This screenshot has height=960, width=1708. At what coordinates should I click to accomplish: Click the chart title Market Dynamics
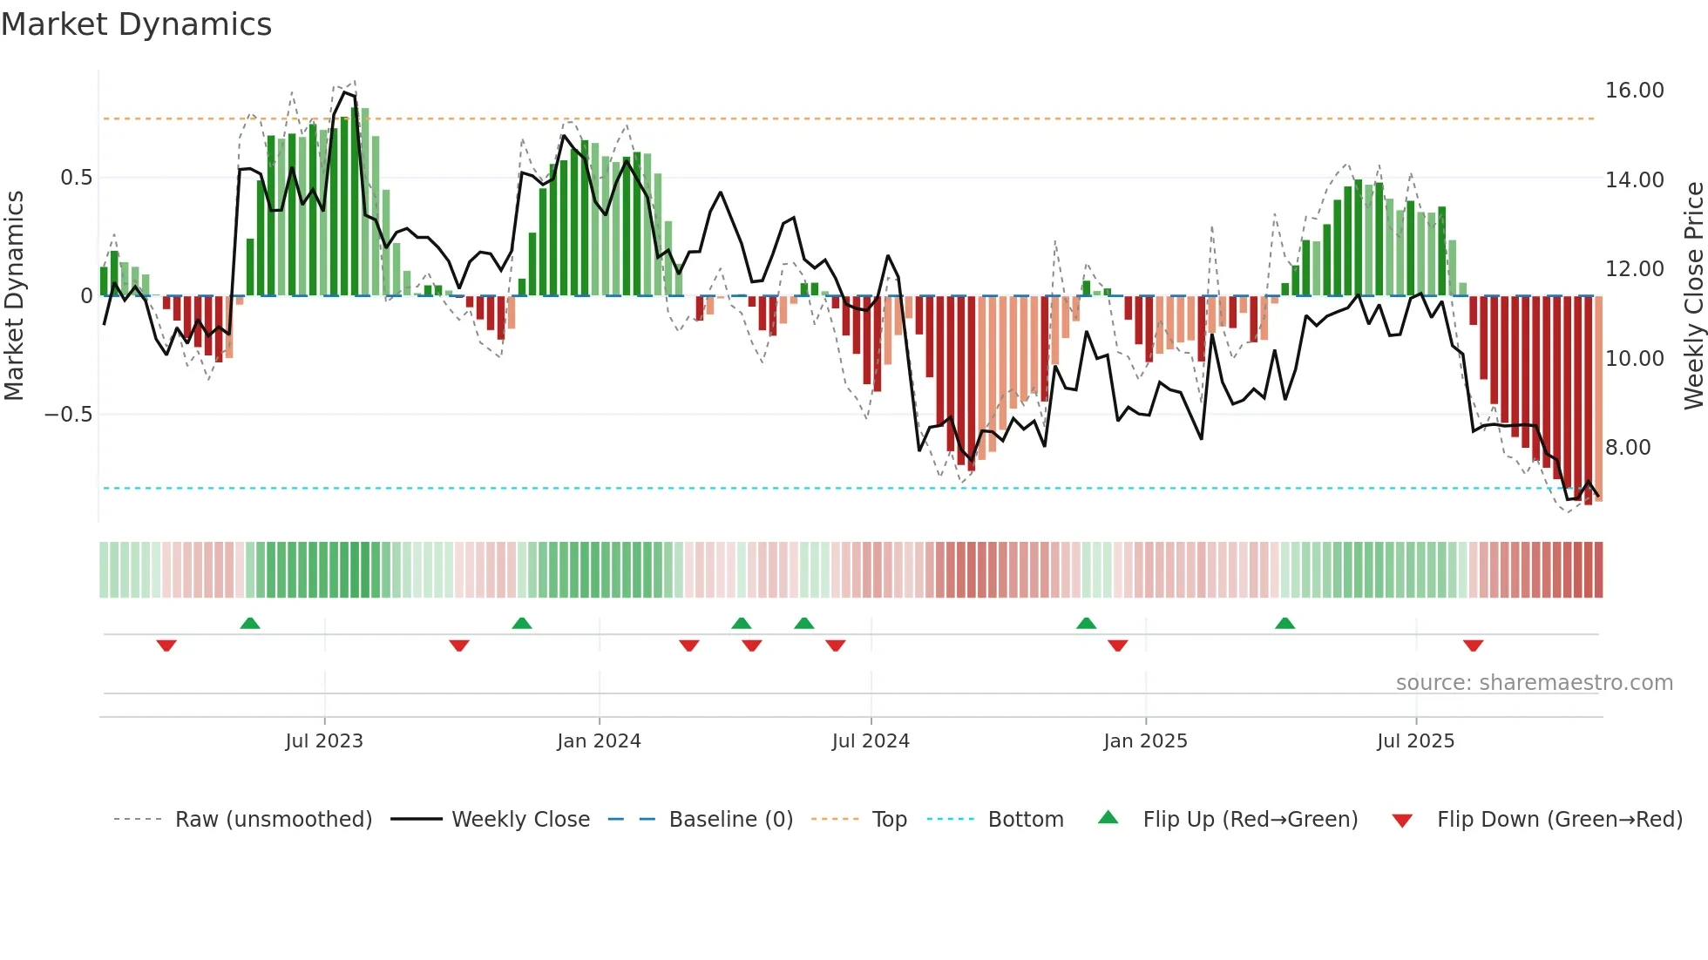pyautogui.click(x=136, y=24)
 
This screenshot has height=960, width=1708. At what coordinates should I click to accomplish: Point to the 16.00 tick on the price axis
pyautogui.click(x=1634, y=91)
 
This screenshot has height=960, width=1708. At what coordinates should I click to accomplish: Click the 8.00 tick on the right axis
pyautogui.click(x=1628, y=448)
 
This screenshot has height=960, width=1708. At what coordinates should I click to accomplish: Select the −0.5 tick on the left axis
pyautogui.click(x=68, y=415)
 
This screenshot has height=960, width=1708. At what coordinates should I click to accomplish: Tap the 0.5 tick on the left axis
pyautogui.click(x=76, y=178)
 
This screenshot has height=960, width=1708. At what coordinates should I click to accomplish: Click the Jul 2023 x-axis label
pyautogui.click(x=324, y=741)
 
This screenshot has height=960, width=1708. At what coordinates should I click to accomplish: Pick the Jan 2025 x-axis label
pyautogui.click(x=1145, y=741)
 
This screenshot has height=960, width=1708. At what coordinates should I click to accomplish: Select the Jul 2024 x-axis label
pyautogui.click(x=871, y=741)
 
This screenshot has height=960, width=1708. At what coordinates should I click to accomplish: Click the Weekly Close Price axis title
pyautogui.click(x=1693, y=296)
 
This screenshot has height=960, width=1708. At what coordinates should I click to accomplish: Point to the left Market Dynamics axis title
pyautogui.click(x=14, y=296)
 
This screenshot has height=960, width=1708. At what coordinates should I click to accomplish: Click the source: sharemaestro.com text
pyautogui.click(x=1534, y=683)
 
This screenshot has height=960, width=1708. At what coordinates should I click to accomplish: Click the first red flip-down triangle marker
pyautogui.click(x=166, y=646)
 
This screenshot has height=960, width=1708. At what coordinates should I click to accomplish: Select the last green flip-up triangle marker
pyautogui.click(x=1284, y=623)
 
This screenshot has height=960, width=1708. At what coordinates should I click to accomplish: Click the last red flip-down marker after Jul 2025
pyautogui.click(x=1473, y=646)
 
